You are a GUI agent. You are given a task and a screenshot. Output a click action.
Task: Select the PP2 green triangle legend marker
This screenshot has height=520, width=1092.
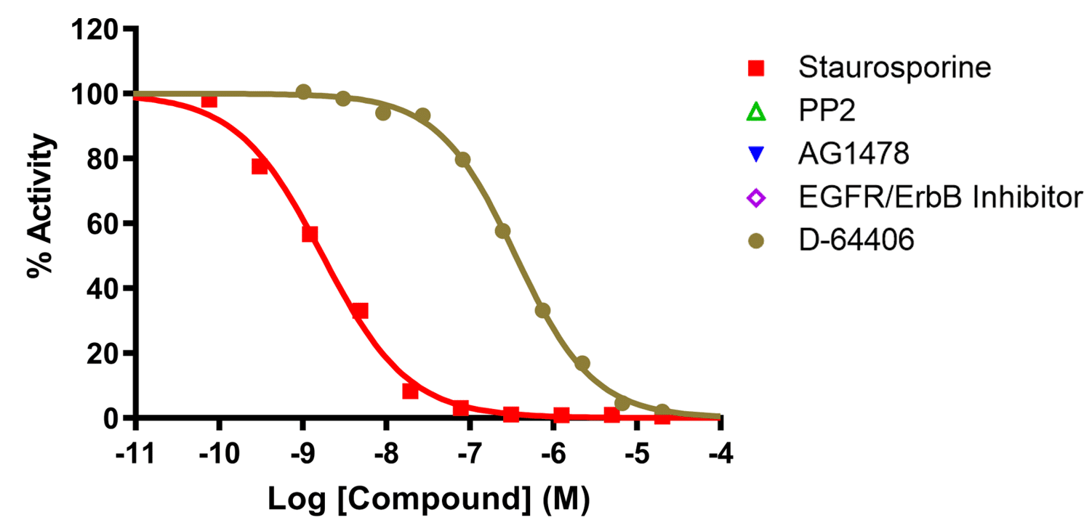pyautogui.click(x=756, y=112)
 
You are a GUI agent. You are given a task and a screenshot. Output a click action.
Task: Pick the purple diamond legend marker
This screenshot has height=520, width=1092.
pyautogui.click(x=756, y=198)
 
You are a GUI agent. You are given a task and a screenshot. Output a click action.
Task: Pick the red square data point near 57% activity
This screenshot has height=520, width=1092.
pyautogui.click(x=310, y=234)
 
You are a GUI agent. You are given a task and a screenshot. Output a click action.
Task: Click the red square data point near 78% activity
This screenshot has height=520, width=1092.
pyautogui.click(x=260, y=166)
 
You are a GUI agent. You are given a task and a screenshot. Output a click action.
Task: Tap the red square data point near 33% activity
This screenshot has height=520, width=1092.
pyautogui.click(x=360, y=311)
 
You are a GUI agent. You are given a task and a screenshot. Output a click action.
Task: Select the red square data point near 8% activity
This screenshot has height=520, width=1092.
pyautogui.click(x=410, y=391)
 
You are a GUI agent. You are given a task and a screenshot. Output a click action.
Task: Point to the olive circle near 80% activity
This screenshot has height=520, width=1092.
pyautogui.click(x=462, y=159)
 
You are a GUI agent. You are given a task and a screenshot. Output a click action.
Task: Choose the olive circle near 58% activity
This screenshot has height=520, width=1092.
pyautogui.click(x=502, y=231)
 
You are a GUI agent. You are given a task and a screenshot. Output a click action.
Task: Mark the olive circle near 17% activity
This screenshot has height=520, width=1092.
pyautogui.click(x=582, y=363)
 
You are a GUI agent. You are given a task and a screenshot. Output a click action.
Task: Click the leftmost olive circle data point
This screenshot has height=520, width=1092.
pyautogui.click(x=303, y=92)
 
